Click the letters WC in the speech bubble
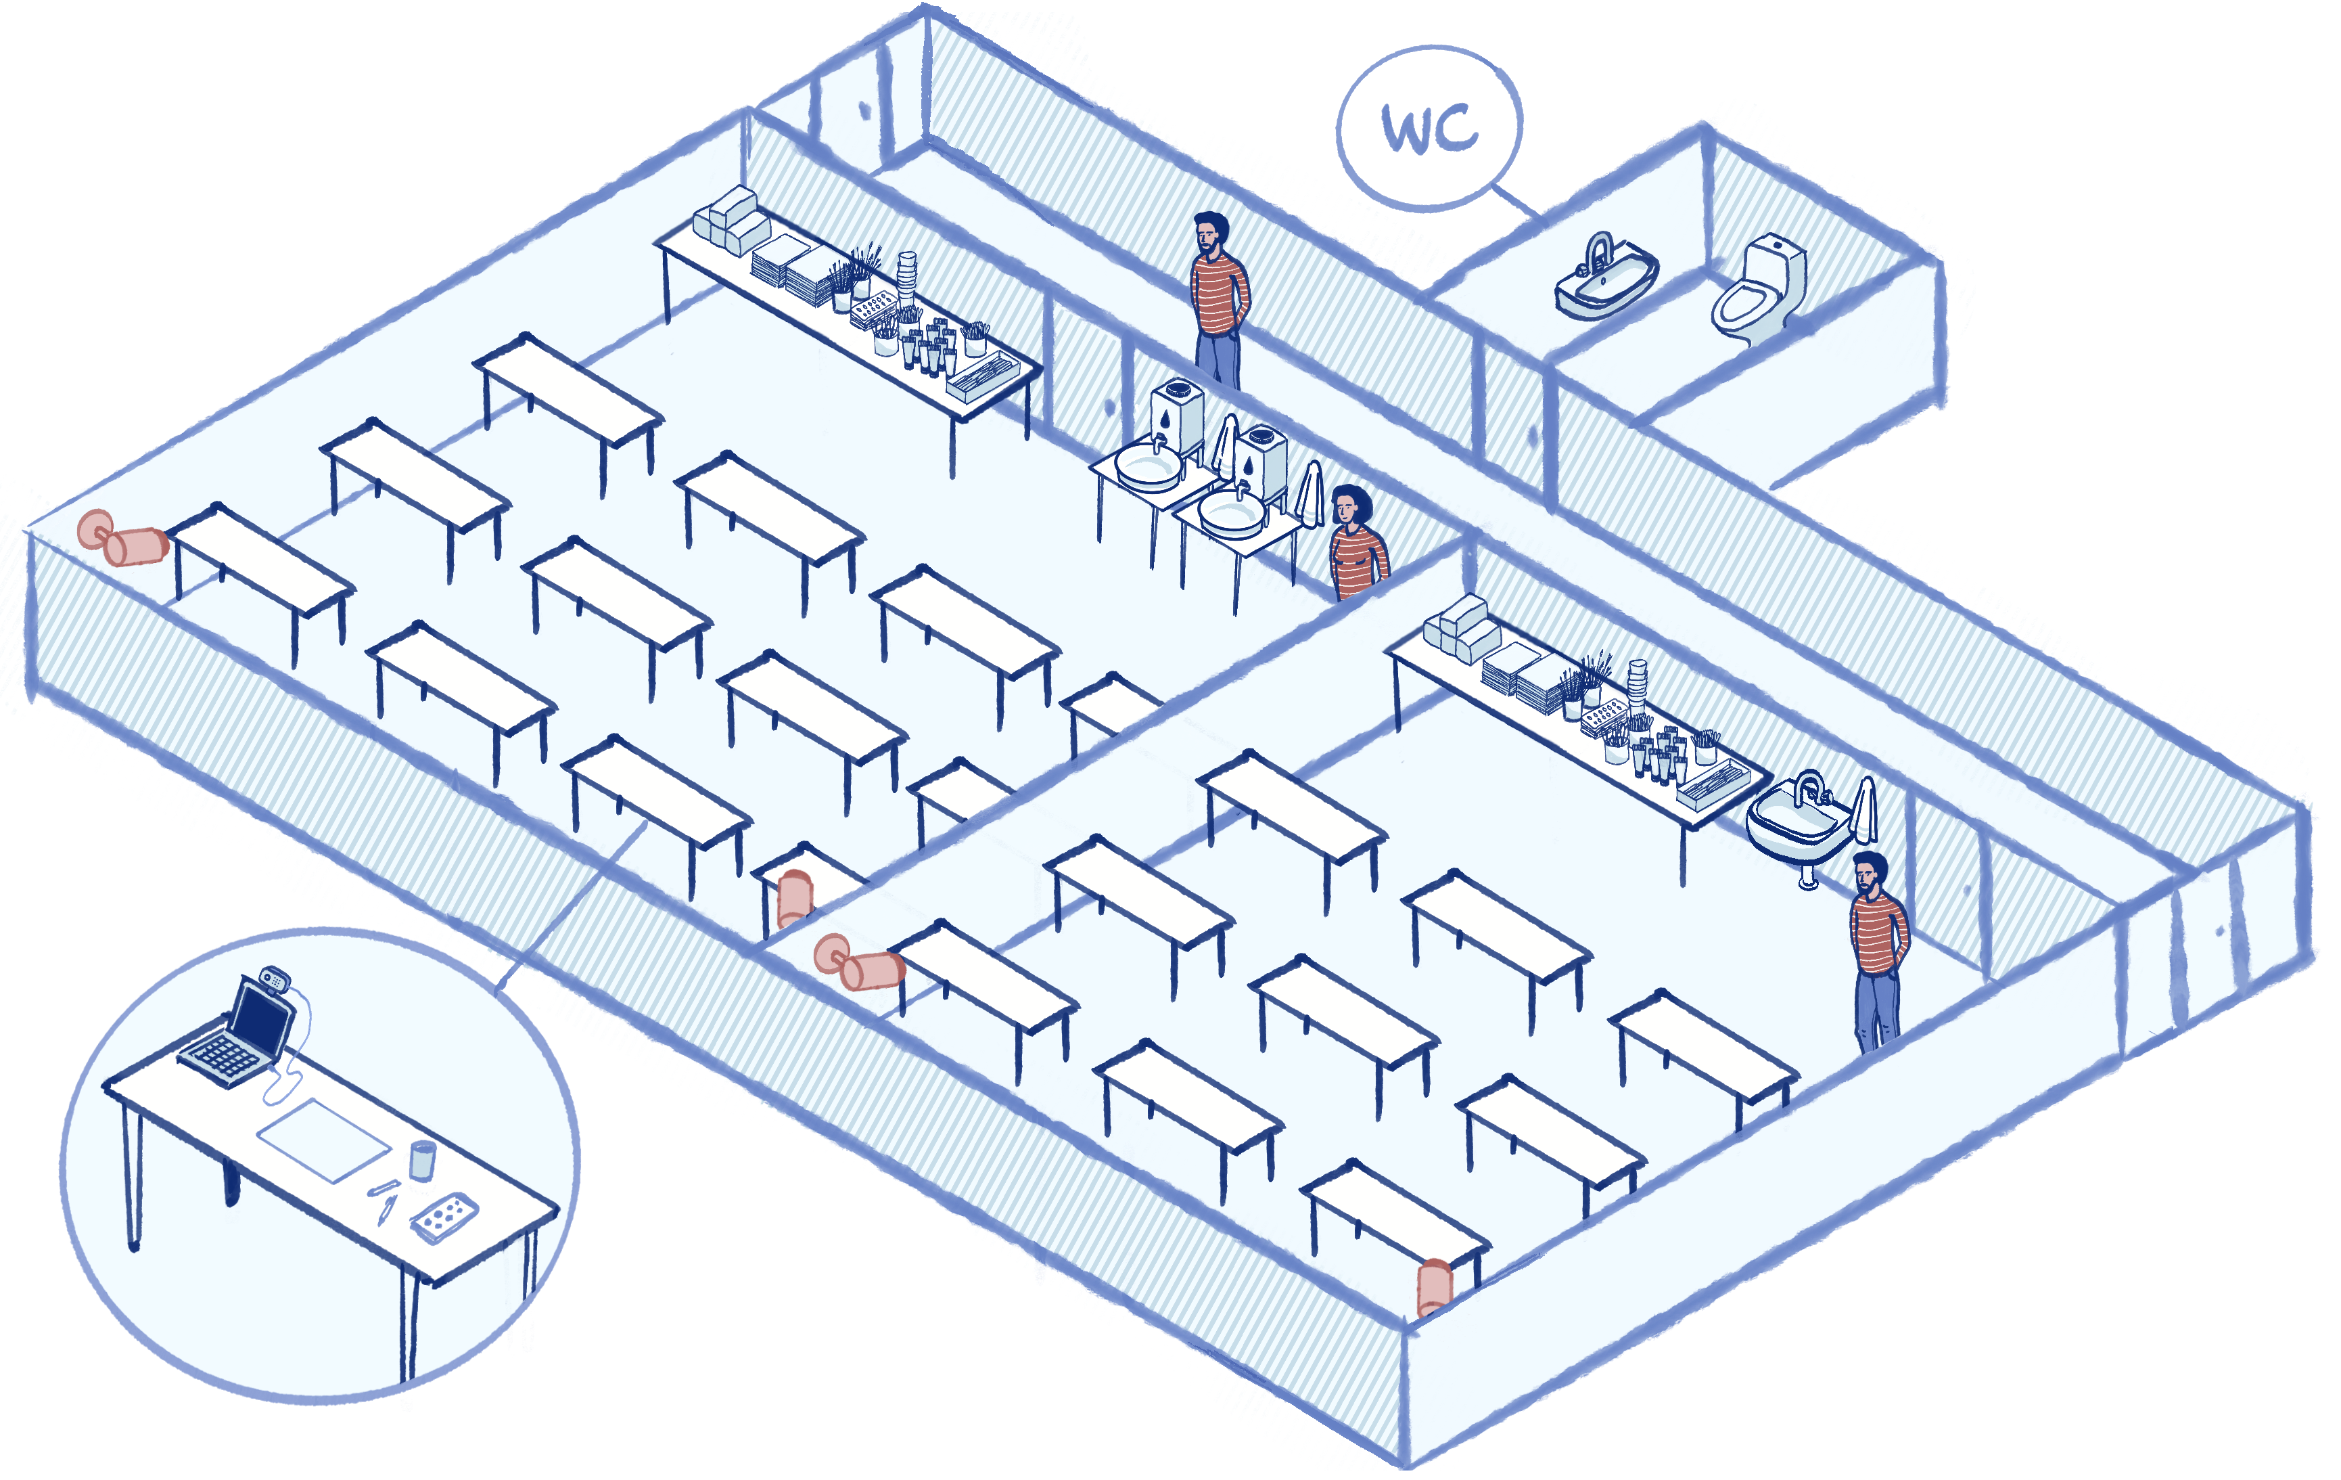[1429, 129]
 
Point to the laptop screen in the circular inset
[262, 1016]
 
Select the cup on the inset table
[422, 1160]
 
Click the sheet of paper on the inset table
[324, 1139]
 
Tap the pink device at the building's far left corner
[122, 539]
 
